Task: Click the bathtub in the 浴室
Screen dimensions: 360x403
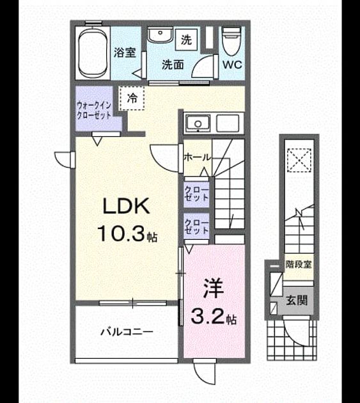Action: [93, 53]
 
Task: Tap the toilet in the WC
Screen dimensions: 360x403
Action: [231, 41]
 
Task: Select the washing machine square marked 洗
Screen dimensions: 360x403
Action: [186, 40]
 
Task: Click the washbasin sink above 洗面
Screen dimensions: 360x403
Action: [160, 35]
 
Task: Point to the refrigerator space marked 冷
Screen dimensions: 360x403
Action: [132, 98]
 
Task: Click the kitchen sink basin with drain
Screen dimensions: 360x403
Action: [198, 123]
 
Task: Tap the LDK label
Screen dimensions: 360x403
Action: [126, 205]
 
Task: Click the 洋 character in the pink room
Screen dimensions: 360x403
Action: [214, 289]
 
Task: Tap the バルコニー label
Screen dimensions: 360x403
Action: [127, 332]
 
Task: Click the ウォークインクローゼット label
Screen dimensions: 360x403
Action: [94, 110]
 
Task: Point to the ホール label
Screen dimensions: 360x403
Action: [198, 157]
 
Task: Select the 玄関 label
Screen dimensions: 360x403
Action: [297, 300]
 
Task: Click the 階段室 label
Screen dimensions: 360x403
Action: [299, 264]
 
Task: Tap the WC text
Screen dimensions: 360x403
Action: [232, 65]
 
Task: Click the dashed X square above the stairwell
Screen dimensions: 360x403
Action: [299, 160]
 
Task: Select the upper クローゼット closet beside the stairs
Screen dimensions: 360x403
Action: [196, 194]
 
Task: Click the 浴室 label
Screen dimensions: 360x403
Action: [125, 52]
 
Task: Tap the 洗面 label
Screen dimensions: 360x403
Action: [173, 65]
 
